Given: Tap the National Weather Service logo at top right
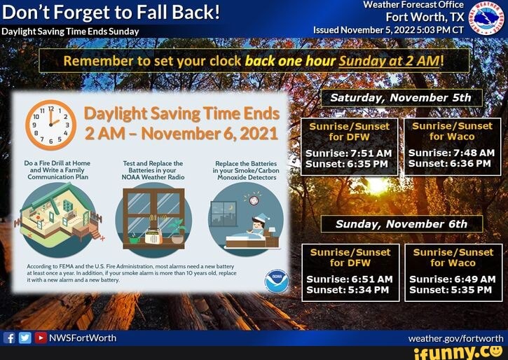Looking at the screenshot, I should click(x=486, y=19).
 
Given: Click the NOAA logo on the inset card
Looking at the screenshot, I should click(x=276, y=280).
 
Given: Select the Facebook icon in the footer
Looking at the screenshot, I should click(x=10, y=338).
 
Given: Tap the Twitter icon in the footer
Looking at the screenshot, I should click(x=25, y=338).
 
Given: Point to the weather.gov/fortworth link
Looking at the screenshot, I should click(x=455, y=338).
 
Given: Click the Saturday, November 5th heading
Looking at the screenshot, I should click(x=401, y=98).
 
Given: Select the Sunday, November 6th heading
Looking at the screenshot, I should click(x=401, y=224).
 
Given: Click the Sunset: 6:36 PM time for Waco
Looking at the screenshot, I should click(x=451, y=163).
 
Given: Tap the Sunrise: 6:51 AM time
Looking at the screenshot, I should click(x=350, y=279).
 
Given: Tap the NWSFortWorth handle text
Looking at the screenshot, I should click(x=82, y=338).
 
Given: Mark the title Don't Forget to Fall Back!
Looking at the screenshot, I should click(x=111, y=13).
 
